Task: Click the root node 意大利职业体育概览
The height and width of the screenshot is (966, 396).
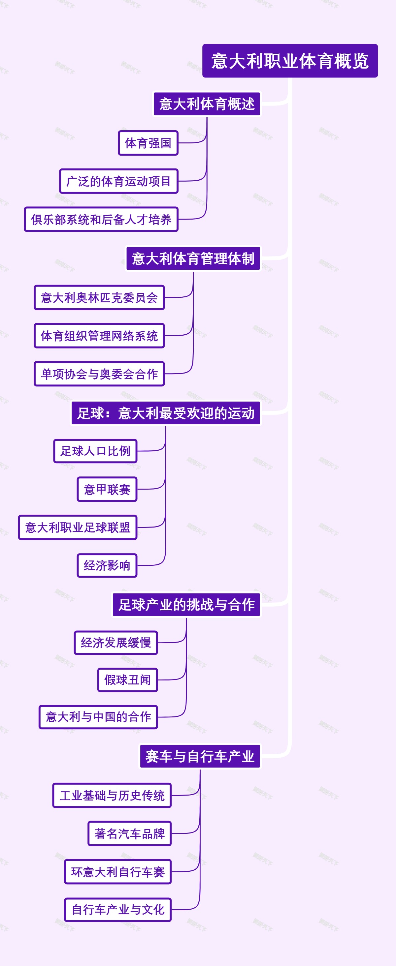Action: pyautogui.click(x=290, y=61)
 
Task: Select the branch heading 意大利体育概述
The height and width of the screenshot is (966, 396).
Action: pyautogui.click(x=207, y=104)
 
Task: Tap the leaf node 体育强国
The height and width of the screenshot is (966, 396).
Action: pyautogui.click(x=148, y=143)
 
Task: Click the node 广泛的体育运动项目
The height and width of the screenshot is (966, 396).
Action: pyautogui.click(x=118, y=181)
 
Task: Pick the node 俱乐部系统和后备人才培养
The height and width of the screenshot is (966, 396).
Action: pyautogui.click(x=101, y=219)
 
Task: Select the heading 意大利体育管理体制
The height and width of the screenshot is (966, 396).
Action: pyautogui.click(x=193, y=258)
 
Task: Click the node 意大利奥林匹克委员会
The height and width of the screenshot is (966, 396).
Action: pyautogui.click(x=99, y=297)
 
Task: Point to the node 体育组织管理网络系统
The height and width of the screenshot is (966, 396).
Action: pyautogui.click(x=99, y=336)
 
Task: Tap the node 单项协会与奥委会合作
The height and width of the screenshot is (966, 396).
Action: pyautogui.click(x=99, y=374)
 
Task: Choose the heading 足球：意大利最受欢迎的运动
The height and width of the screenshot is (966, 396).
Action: pyautogui.click(x=166, y=413)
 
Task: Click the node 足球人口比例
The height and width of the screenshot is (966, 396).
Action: pyautogui.click(x=95, y=451)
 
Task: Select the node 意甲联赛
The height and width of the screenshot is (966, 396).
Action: pyautogui.click(x=107, y=489)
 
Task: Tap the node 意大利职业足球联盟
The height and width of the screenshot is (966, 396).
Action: pyautogui.click(x=78, y=527)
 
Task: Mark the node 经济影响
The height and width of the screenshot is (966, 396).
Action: pyautogui.click(x=107, y=565)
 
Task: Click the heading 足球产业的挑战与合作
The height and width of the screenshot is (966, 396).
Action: pyautogui.click(x=186, y=605)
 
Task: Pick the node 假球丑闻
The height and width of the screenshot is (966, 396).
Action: pyautogui.click(x=127, y=679)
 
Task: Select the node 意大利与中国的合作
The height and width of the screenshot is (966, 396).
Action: pyautogui.click(x=98, y=717)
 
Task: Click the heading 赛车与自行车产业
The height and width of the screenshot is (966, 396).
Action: pyautogui.click(x=200, y=756)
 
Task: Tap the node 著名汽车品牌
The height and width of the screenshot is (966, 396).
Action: pyautogui.click(x=129, y=833)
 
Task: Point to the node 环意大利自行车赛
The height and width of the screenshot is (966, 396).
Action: pyautogui.click(x=118, y=872)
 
